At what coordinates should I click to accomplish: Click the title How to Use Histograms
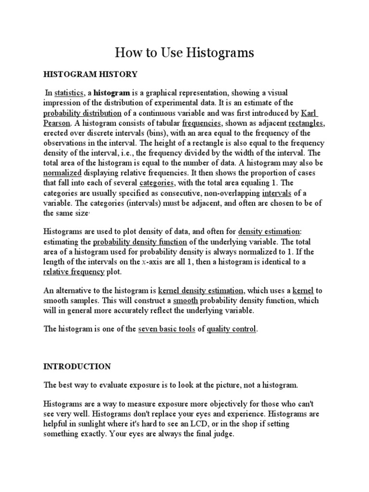point(184,53)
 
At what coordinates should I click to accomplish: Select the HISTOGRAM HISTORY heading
point(90,74)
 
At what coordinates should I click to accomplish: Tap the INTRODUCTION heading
point(77,367)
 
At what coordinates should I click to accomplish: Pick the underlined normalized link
point(62,173)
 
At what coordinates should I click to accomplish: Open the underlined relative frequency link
point(74,272)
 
